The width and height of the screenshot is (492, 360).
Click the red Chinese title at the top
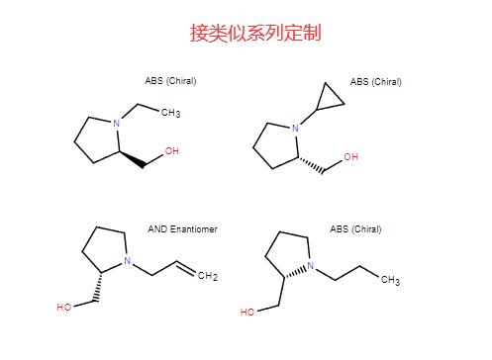[255, 34]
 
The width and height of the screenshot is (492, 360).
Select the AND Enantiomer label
[182, 229]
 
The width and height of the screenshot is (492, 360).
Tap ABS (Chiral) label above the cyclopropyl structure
[375, 81]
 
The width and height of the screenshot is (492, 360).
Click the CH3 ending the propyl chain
[387, 281]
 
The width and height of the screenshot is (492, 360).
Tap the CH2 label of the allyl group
[207, 276]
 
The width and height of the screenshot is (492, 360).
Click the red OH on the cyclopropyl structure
[349, 157]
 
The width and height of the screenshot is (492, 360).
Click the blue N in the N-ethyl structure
[117, 123]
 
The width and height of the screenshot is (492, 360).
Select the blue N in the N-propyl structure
[309, 266]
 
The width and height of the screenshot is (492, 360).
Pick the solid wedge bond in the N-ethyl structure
[132, 159]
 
